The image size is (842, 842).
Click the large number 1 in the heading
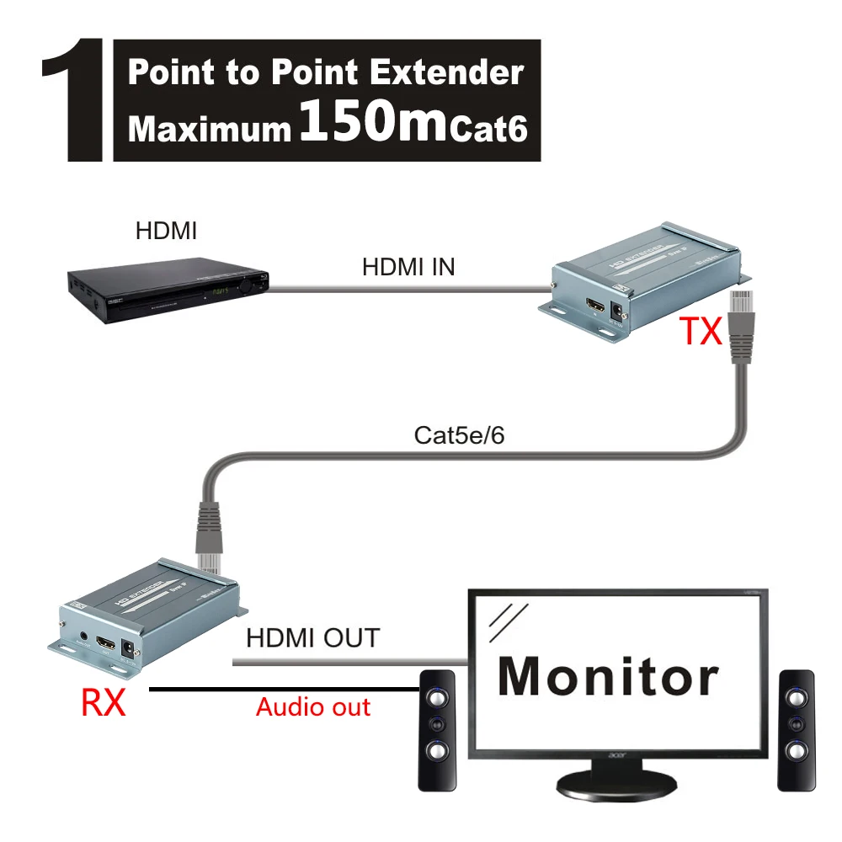coord(73,99)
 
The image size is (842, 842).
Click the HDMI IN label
coord(408,268)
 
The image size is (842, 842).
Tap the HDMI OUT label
coord(312,638)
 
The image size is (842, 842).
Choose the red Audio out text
coord(313,706)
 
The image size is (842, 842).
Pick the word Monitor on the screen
coord(609,675)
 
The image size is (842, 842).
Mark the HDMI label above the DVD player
coord(165,229)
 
